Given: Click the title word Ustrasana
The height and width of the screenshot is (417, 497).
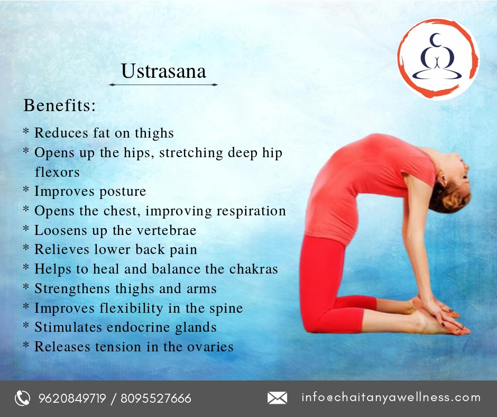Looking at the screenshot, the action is click(x=163, y=71).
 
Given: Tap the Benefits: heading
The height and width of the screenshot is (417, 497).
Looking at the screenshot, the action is click(x=59, y=105).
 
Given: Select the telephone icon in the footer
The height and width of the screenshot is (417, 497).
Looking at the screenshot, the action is click(x=22, y=398).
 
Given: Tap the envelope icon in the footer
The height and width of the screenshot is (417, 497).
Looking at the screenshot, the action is click(x=277, y=398).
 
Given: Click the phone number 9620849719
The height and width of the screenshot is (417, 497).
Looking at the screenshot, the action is click(x=72, y=398).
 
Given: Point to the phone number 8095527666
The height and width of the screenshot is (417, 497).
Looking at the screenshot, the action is click(x=156, y=398).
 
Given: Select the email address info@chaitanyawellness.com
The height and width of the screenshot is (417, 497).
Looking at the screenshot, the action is click(x=391, y=397).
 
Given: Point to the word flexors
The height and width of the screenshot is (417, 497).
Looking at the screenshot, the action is click(x=57, y=173).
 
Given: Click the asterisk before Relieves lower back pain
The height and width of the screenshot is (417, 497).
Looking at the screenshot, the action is click(x=26, y=247).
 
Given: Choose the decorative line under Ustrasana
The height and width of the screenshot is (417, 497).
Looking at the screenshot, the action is click(x=163, y=85).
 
